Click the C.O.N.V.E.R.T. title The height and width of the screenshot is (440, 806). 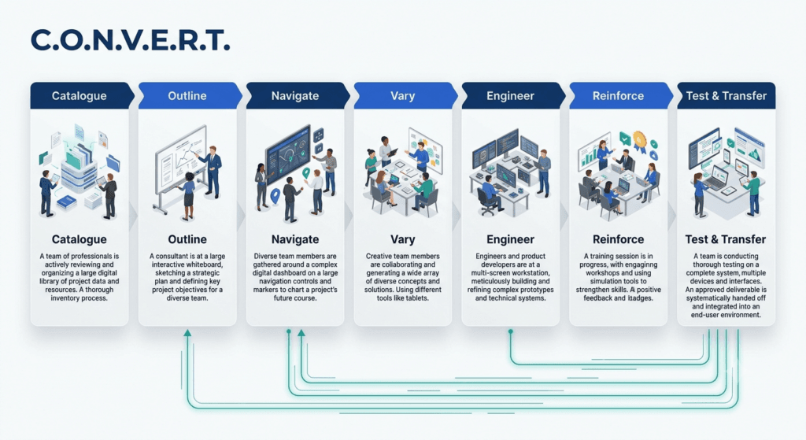130,40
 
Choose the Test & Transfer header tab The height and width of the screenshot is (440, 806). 726,95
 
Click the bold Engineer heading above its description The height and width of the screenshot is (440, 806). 510,239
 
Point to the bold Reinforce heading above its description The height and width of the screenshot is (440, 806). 618,239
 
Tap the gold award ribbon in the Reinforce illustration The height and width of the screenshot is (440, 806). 639,142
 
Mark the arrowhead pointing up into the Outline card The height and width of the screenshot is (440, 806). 187,333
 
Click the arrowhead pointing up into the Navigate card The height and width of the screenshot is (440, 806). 301,333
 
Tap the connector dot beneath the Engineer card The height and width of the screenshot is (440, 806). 510,332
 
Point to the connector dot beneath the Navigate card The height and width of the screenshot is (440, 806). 289,332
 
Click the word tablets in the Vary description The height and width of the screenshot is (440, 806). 417,298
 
